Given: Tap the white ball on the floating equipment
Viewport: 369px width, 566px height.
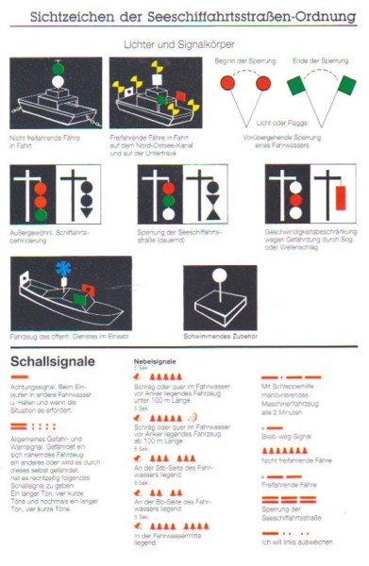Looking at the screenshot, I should pyautogui.click(x=220, y=275).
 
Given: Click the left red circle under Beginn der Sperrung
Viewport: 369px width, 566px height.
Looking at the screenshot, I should pyautogui.click(x=227, y=84).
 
